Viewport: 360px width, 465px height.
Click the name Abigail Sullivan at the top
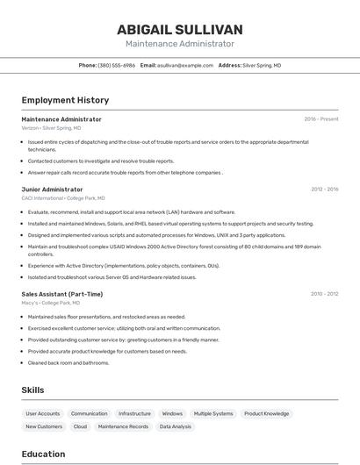180,29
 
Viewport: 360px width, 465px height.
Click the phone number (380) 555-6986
116,65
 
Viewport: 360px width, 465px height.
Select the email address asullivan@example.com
185,65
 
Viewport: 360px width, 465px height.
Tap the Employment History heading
65,100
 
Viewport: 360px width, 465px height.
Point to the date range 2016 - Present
320,119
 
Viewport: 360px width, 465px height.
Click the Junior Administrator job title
52,189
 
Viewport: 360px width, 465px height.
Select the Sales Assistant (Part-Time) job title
61,294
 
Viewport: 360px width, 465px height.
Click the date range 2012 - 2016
324,189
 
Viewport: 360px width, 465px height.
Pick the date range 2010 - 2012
324,294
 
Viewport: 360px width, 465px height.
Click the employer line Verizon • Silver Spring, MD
51,128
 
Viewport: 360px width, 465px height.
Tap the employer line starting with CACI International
63,198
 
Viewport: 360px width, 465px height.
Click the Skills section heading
32,390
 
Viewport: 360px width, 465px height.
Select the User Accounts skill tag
43,413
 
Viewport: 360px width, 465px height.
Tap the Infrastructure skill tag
134,413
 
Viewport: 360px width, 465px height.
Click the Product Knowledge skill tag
266,413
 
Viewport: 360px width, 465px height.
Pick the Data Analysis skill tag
175,426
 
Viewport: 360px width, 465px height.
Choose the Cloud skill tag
80,426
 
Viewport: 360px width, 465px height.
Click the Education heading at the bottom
43,454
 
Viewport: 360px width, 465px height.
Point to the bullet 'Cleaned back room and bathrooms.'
68,362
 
